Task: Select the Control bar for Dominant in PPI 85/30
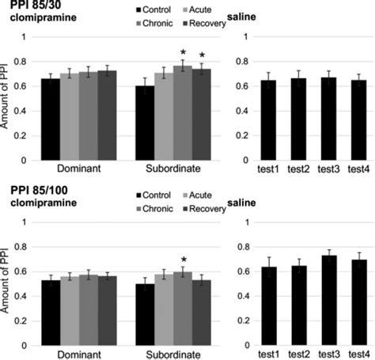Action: point(50,119)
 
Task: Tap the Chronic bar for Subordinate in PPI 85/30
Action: point(182,113)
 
